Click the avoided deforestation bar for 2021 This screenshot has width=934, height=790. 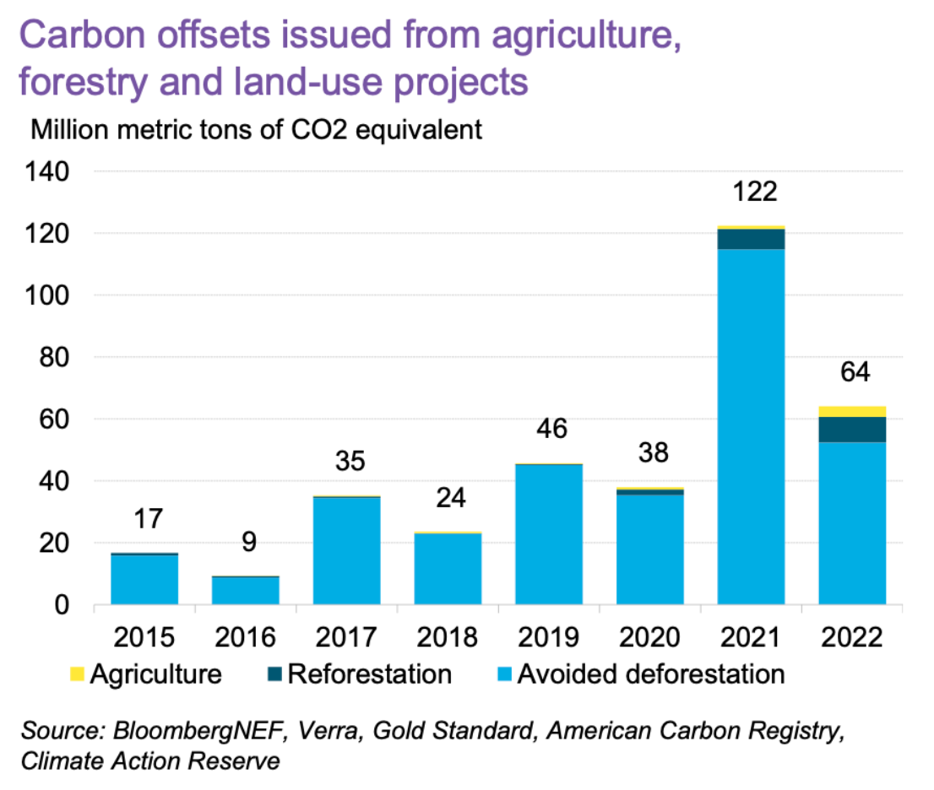(x=751, y=426)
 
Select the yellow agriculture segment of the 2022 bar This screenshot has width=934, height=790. (x=852, y=411)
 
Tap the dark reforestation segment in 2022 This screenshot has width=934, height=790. (x=852, y=429)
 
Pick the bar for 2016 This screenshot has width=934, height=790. (x=245, y=590)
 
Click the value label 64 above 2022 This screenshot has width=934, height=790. (x=852, y=372)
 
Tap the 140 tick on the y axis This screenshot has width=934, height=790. (x=52, y=171)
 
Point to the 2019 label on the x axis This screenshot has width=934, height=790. (x=549, y=636)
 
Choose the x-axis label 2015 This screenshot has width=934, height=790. (x=144, y=636)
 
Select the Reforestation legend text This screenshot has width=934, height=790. (x=370, y=674)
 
